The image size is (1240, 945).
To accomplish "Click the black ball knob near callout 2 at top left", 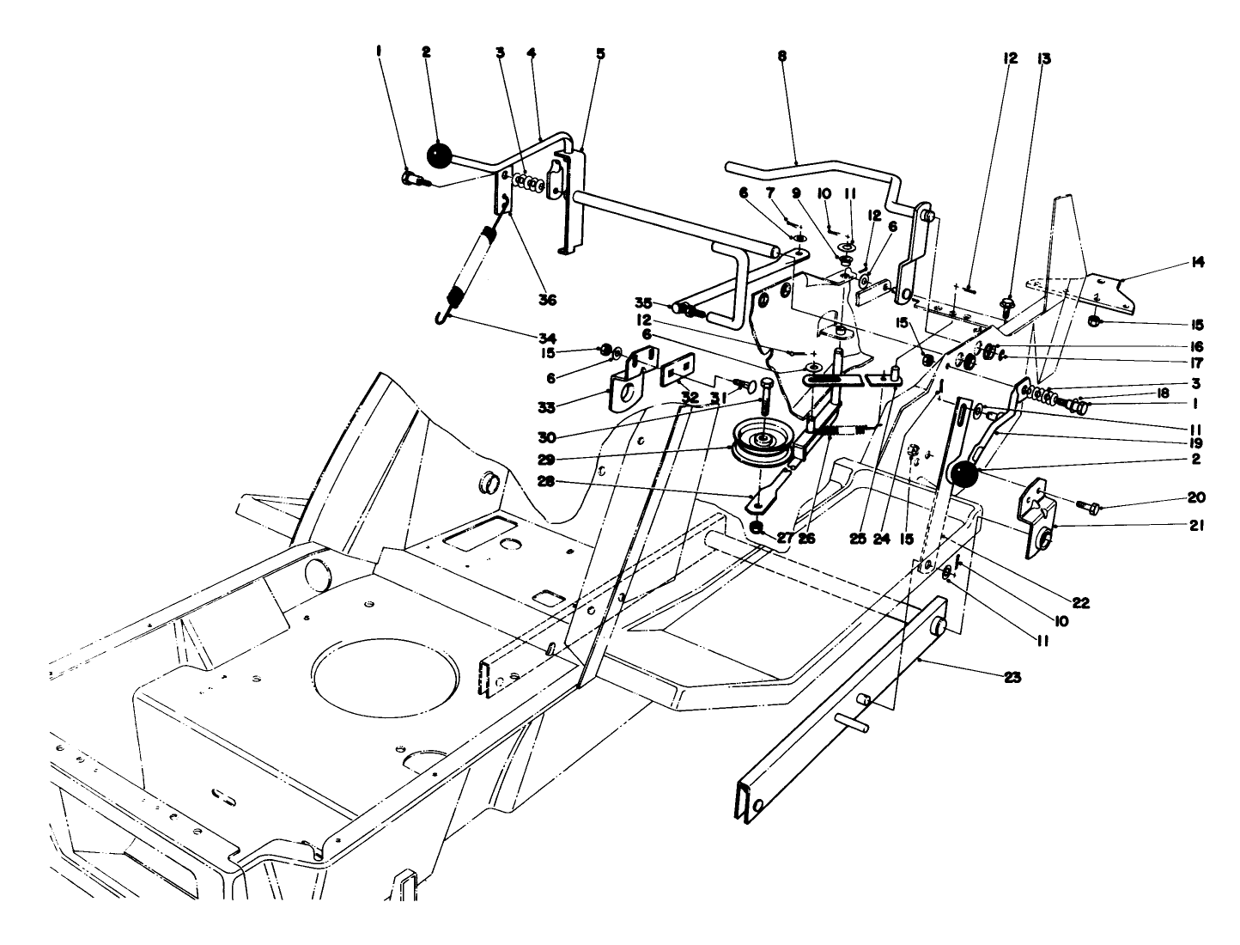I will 439,155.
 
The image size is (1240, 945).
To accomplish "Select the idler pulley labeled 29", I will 761,442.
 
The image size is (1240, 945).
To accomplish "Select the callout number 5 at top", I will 600,53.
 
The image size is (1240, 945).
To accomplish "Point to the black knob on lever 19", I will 964,474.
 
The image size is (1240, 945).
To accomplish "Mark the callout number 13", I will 1043,59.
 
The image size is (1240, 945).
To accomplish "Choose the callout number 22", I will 1080,603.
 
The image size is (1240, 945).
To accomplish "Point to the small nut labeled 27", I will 758,526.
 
